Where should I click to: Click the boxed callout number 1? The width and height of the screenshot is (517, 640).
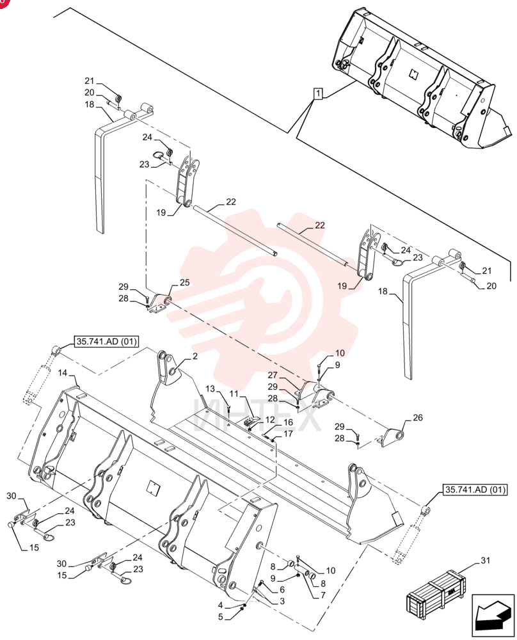318,94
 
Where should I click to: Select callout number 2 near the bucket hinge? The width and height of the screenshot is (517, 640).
195,356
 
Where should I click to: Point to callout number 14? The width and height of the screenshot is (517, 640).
63,373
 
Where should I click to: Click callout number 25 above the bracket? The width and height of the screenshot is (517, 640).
185,282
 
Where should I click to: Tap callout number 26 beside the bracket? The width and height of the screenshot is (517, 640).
418,417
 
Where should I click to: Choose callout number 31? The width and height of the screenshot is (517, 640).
485,561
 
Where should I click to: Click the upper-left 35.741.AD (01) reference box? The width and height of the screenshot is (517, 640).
106,341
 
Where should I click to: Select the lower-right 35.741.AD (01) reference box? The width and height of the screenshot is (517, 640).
475,490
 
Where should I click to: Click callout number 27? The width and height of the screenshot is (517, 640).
273,375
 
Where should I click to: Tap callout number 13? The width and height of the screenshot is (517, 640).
210,389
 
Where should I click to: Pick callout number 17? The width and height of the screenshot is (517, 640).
288,434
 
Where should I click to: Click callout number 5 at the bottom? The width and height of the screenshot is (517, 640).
221,617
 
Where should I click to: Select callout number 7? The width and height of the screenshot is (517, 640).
322,595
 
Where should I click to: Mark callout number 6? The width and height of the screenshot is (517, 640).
282,590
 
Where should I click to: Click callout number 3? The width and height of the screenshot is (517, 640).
282,601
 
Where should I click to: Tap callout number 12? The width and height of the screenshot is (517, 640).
270,420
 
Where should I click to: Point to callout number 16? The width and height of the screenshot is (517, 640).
288,422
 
